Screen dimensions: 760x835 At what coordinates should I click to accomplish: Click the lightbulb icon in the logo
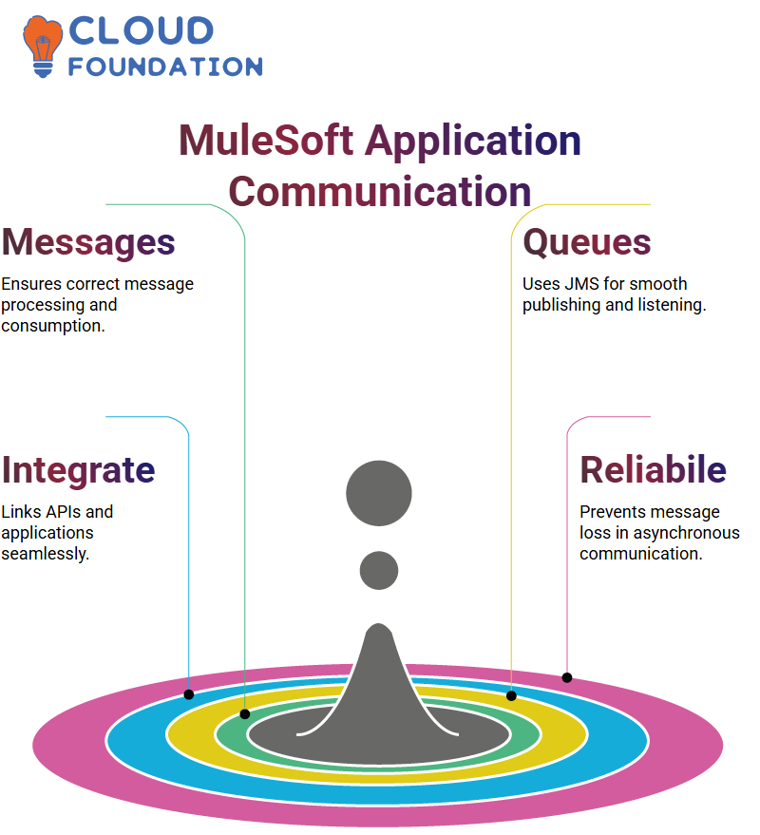tap(42, 47)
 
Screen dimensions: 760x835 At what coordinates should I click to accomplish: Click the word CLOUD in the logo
tap(142, 31)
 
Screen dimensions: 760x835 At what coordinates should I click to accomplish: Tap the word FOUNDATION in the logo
tap(165, 66)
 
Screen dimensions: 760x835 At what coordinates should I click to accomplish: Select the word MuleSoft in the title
tap(266, 141)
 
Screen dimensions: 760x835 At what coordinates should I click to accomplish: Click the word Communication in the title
tap(380, 192)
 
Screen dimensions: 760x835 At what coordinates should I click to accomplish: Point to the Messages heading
tap(88, 242)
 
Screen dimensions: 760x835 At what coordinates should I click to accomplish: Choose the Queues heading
tap(586, 242)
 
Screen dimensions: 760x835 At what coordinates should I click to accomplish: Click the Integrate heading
tap(78, 470)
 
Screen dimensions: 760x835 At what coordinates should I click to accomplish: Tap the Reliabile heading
tap(653, 469)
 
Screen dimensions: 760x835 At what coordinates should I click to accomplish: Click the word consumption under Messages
tap(53, 326)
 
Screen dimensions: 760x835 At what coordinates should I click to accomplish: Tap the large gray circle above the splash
tap(379, 493)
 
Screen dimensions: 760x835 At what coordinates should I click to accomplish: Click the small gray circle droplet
tap(379, 570)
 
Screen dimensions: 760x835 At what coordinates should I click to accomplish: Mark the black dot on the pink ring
tap(566, 677)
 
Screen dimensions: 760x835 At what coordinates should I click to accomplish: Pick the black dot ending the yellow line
tap(511, 695)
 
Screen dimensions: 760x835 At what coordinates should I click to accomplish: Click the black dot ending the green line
tap(244, 714)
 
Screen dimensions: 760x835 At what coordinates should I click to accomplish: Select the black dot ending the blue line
tap(188, 694)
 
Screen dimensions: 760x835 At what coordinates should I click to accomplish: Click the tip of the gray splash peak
tap(379, 623)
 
